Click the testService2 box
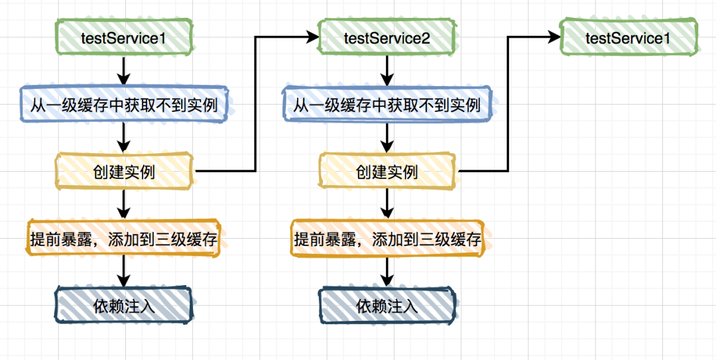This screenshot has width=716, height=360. pos(387,38)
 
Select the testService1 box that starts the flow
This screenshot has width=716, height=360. pos(124,38)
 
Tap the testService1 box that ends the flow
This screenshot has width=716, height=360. pos(628,38)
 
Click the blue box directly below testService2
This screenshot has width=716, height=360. pos(387,105)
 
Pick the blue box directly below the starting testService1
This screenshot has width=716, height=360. pos(124,105)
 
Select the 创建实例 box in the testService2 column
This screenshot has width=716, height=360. pos(387,172)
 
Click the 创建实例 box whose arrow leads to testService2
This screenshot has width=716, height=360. pos(124,172)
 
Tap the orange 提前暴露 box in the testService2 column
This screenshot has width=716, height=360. pos(387,239)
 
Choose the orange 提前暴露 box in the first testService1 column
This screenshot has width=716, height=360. pos(124,239)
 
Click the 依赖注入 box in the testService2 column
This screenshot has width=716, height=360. pos(387,306)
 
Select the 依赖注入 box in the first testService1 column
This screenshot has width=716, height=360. pos(124,306)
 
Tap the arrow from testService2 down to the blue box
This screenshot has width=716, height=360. pos(387,70)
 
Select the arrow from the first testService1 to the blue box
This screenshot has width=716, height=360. pos(124,70)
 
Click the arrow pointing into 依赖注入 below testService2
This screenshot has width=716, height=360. pos(387,272)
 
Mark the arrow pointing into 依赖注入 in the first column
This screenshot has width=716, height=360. pos(124,272)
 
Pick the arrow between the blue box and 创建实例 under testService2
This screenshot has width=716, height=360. pos(387,138)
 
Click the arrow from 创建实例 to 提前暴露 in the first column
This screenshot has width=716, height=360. pos(124,204)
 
